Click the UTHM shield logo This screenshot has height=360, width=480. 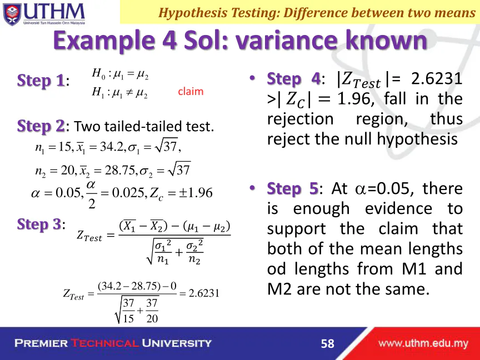pos(12,14)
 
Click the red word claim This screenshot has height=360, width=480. pos(191,91)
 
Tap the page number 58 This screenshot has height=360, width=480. pos(328,343)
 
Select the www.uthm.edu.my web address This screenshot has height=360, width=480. pos(423,343)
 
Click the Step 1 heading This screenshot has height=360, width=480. pos(41,81)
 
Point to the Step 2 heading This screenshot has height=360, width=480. pos(41,126)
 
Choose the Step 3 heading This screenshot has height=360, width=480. pos(39,224)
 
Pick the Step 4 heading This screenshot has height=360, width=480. pos(293,79)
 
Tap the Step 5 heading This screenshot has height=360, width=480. pos(293,188)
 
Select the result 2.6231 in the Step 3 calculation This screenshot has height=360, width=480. pos(204,293)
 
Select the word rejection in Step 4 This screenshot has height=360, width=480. pos(300,119)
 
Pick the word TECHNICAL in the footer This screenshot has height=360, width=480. pos(104,343)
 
